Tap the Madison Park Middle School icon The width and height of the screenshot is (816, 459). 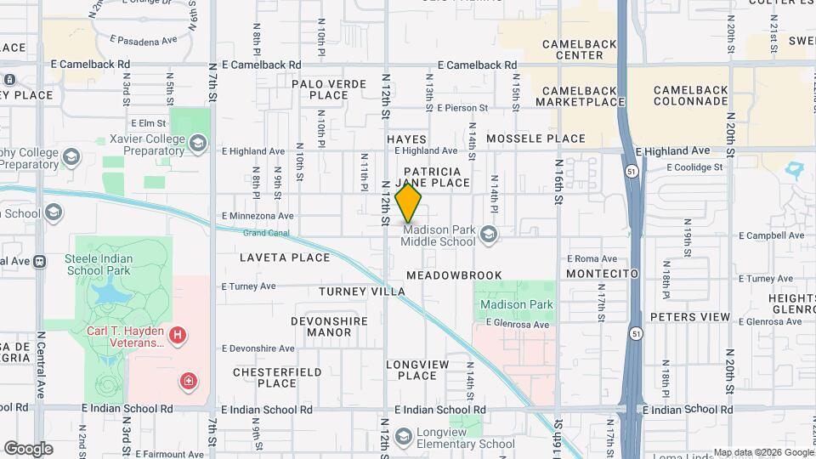pos(489,233)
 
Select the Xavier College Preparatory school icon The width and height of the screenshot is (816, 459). pos(198,143)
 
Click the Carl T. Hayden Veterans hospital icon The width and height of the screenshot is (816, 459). pos(178,336)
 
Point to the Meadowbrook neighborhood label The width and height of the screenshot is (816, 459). pos(454,275)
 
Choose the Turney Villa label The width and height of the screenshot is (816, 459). pos(362,292)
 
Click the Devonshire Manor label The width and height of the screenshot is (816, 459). pos(329,326)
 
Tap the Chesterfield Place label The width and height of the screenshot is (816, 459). pos(277,377)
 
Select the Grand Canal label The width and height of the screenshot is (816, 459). pos(266,232)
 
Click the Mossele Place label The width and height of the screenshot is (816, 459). pos(535,139)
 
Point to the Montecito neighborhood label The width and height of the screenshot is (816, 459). pos(602,274)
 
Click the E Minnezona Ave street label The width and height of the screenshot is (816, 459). pos(257,216)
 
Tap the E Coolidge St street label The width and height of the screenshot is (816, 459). pos(694,167)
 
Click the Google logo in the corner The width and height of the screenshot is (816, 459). pos(28,449)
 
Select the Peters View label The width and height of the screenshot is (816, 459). pos(689,317)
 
